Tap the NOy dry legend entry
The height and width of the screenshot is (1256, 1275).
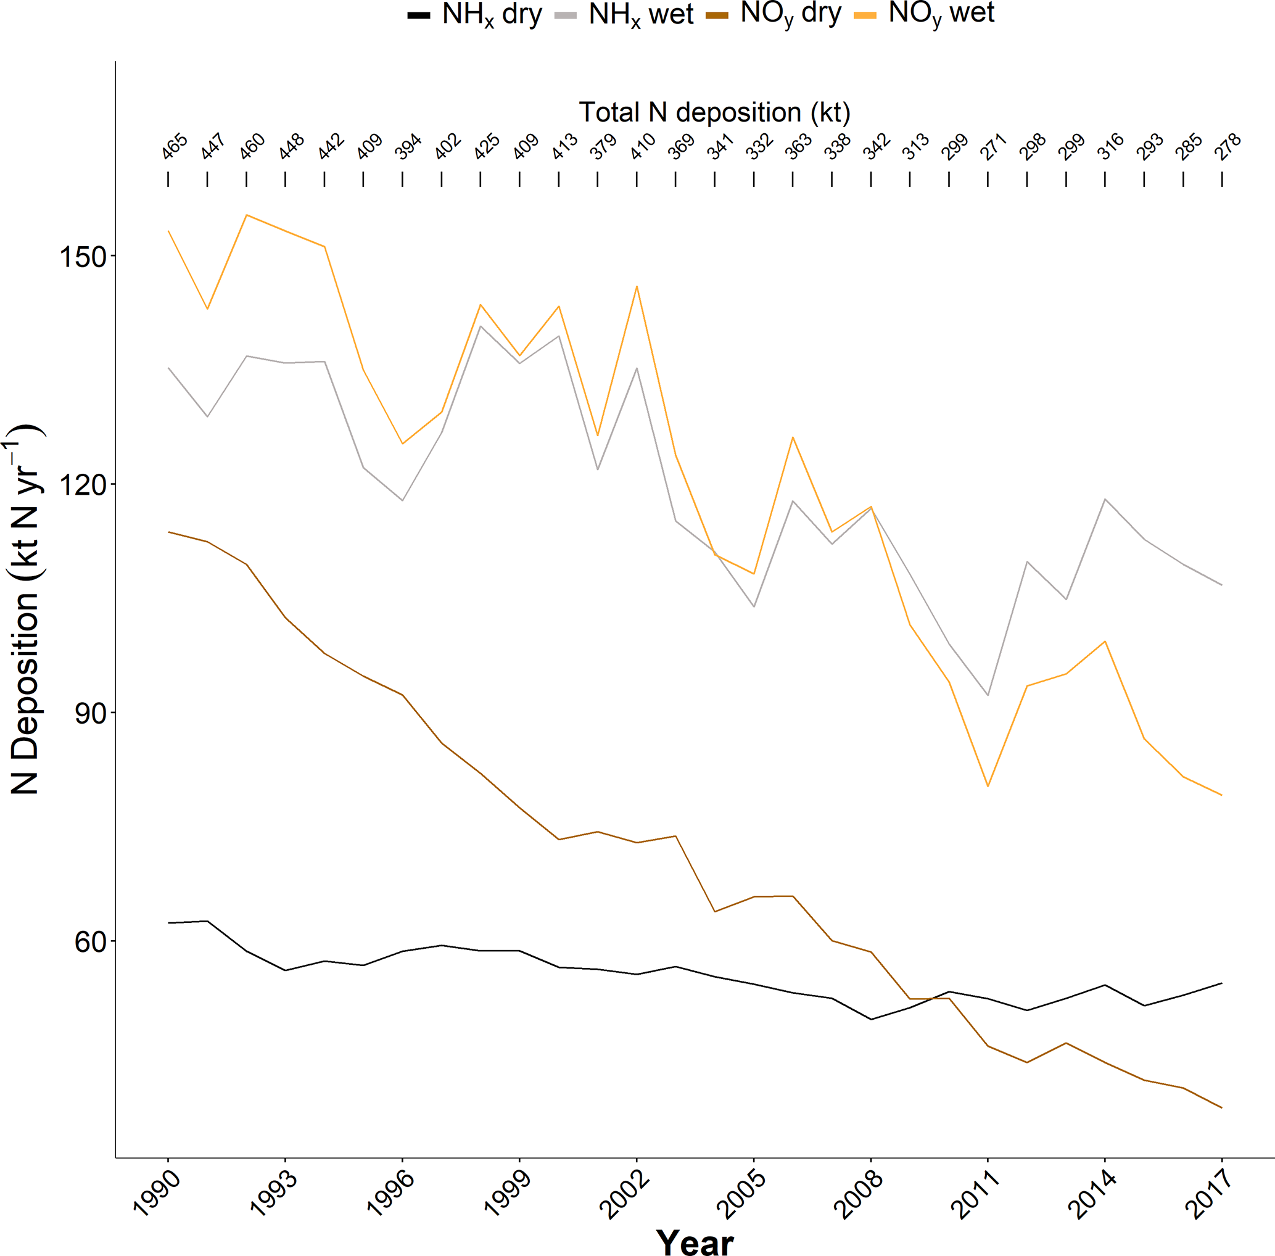coord(773,15)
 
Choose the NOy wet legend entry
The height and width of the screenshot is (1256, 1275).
coord(923,15)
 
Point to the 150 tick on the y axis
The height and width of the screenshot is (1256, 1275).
coord(83,257)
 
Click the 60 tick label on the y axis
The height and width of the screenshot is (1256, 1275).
coord(90,941)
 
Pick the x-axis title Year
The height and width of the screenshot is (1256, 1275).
coord(695,1241)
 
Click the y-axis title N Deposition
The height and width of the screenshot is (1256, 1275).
coord(25,610)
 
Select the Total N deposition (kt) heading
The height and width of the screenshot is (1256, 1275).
coord(714,113)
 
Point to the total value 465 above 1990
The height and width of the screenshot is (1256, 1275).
coord(175,146)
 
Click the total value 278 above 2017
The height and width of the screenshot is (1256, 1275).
coord(1228,146)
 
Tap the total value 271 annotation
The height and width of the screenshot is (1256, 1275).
coord(994,146)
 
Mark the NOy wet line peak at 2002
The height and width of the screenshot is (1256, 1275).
coord(637,286)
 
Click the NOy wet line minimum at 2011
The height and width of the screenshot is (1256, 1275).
coord(988,787)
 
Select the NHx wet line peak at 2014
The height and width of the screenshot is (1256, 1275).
coord(1105,499)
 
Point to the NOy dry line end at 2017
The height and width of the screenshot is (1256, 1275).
coord(1221,1107)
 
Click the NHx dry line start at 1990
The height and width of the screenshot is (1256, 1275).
coord(169,923)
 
